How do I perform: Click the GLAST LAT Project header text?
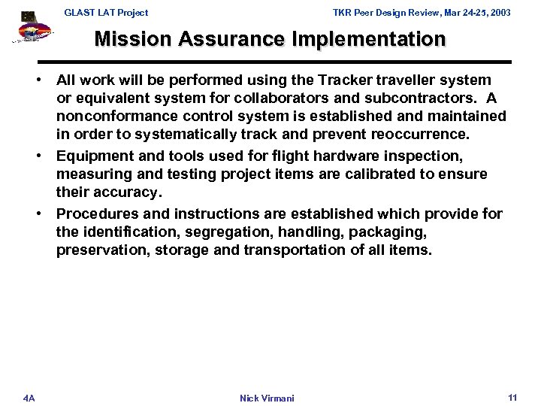click(105, 13)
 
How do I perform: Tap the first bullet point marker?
click(46, 80)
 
